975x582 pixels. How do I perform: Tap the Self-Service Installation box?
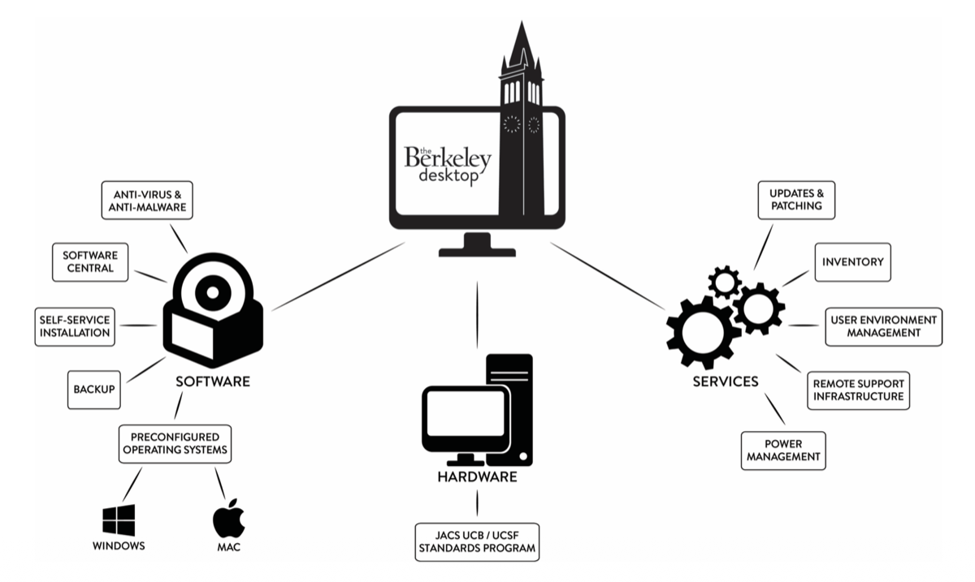point(73,326)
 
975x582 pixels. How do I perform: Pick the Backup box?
point(92,390)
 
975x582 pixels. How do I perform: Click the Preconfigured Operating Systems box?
point(174,443)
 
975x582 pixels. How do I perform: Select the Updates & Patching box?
point(796,200)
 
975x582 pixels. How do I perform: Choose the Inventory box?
point(852,262)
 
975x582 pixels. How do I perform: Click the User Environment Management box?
point(883,326)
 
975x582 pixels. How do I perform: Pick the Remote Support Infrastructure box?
point(856,390)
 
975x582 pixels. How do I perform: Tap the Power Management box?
point(782,451)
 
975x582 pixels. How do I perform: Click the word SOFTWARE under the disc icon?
point(213,381)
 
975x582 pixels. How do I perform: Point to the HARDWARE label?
point(477,477)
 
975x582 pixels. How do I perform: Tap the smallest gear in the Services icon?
point(723,282)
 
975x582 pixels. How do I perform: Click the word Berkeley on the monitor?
point(447,157)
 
